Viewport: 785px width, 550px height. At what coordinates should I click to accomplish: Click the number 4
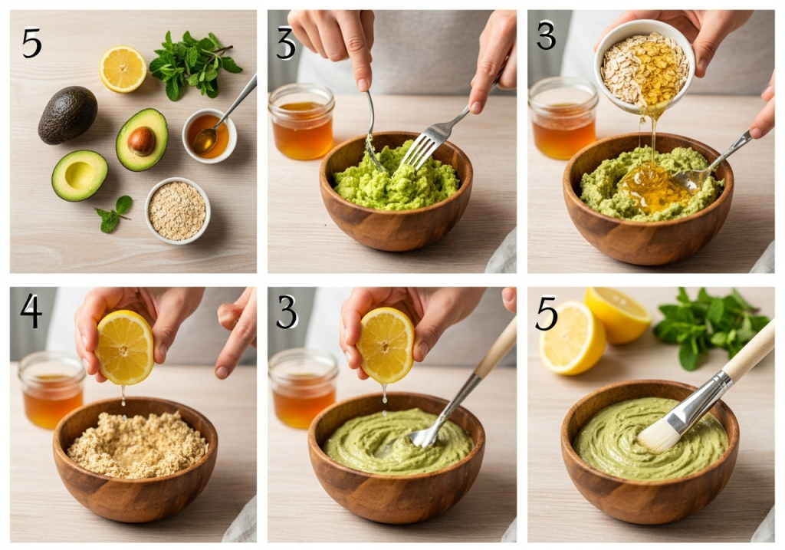click(31, 311)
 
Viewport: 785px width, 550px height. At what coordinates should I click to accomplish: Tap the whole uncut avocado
click(67, 115)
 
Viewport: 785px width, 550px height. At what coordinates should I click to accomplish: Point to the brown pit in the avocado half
click(141, 140)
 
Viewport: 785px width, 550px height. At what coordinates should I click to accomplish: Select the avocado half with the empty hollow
click(80, 176)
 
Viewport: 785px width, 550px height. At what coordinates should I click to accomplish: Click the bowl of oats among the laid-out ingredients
click(177, 210)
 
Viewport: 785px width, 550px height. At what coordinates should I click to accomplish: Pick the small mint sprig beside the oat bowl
click(114, 213)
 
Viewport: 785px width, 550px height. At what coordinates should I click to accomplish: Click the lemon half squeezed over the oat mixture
click(124, 347)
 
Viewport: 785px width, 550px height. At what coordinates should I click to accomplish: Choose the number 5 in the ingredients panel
click(31, 43)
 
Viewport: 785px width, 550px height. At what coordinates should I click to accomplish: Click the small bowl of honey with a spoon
click(209, 136)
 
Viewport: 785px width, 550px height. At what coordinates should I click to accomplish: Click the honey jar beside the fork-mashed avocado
click(301, 122)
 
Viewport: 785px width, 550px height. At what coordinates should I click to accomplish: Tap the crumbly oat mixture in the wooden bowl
click(136, 444)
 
